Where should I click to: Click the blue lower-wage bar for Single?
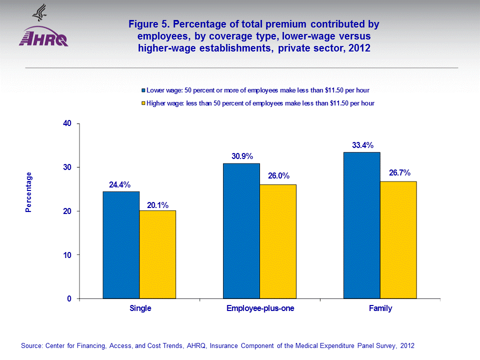click(x=121, y=245)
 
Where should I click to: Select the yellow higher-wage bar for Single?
click(x=157, y=254)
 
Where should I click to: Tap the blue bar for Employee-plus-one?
click(x=241, y=231)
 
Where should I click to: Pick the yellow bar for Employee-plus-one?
click(x=278, y=241)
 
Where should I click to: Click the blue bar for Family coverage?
click(x=362, y=225)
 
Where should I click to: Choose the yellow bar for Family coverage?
click(x=398, y=240)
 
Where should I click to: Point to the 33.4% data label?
click(x=362, y=145)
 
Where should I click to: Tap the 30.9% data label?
click(x=241, y=156)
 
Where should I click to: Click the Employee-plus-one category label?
click(x=260, y=308)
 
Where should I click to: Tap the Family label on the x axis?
click(x=380, y=308)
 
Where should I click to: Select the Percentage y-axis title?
click(x=28, y=192)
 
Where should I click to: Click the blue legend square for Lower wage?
click(x=142, y=90)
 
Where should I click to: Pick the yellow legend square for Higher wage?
click(x=142, y=103)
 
